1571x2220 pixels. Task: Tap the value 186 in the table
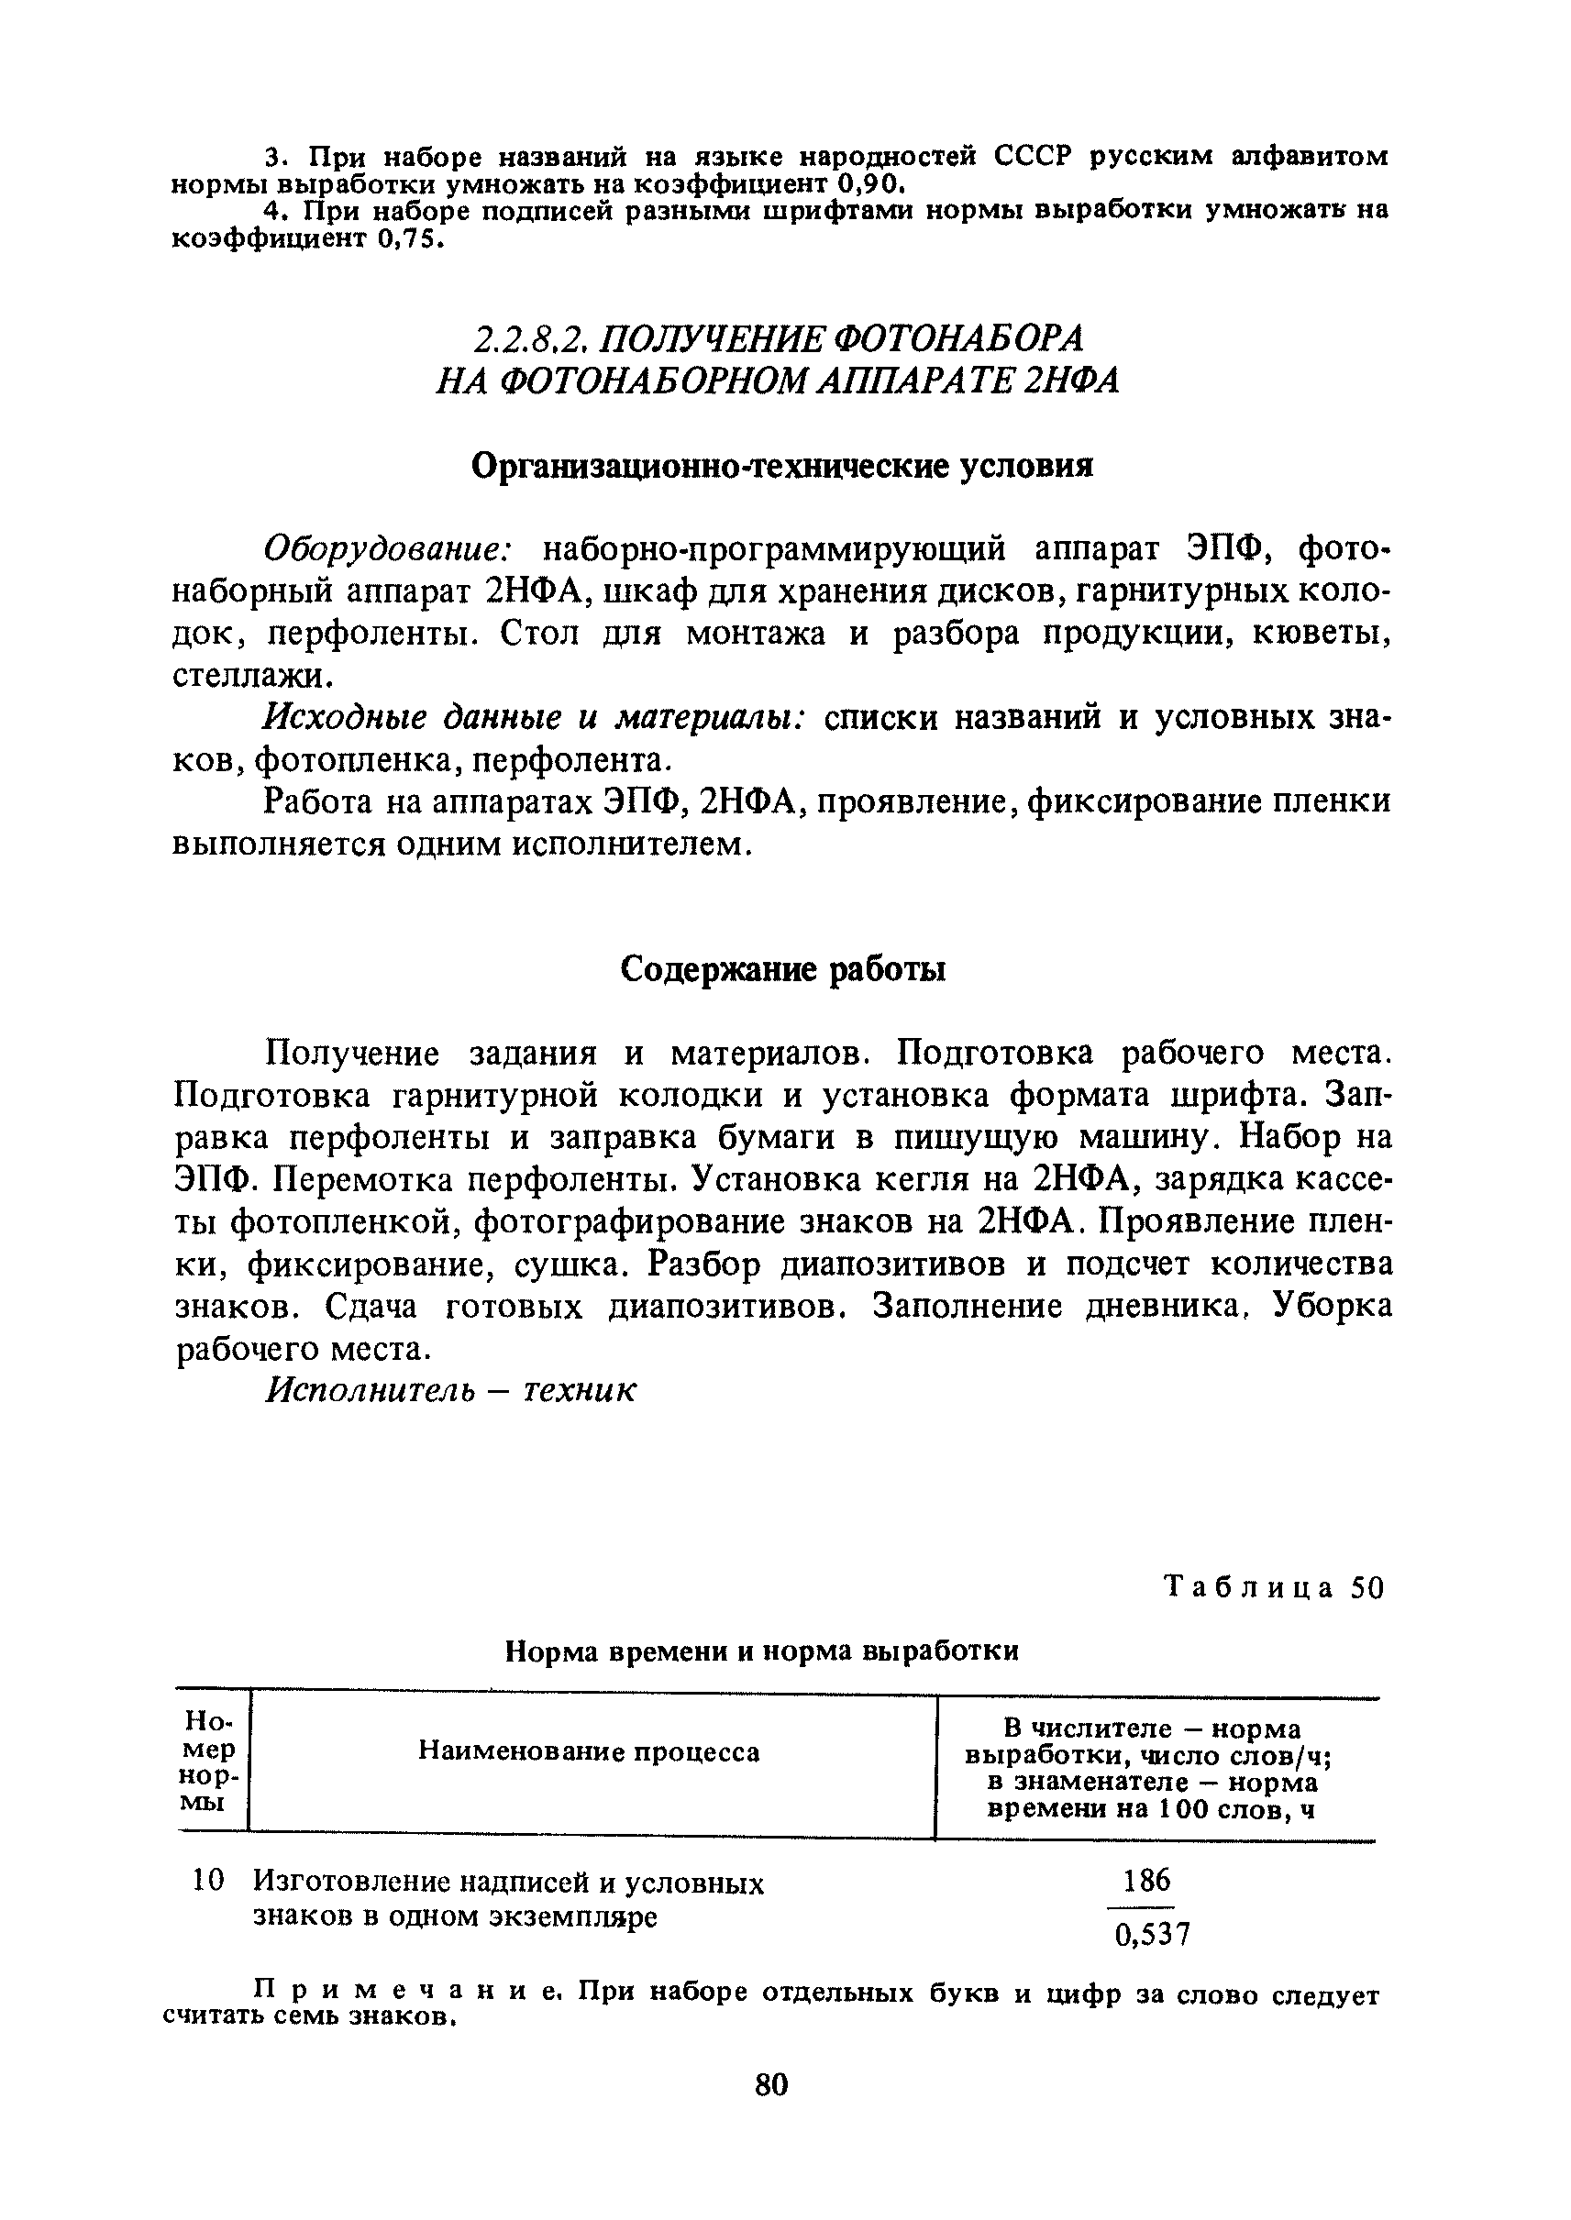[x=1147, y=1880]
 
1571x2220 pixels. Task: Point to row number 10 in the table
[x=208, y=1880]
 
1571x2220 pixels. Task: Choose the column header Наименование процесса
[x=589, y=1751]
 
